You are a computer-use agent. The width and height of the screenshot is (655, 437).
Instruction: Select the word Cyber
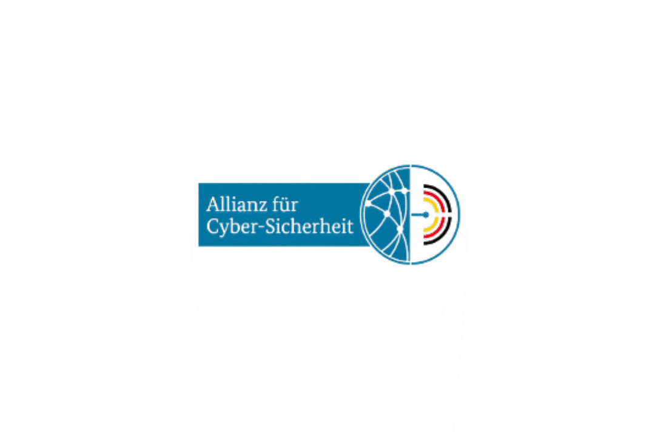(230, 227)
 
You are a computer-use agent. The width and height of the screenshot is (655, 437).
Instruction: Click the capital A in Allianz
(212, 204)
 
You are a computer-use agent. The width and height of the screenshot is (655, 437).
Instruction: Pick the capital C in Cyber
(213, 226)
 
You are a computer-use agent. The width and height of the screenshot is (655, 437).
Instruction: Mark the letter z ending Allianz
(264, 205)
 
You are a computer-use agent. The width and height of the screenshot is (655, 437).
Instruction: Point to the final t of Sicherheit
(349, 226)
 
